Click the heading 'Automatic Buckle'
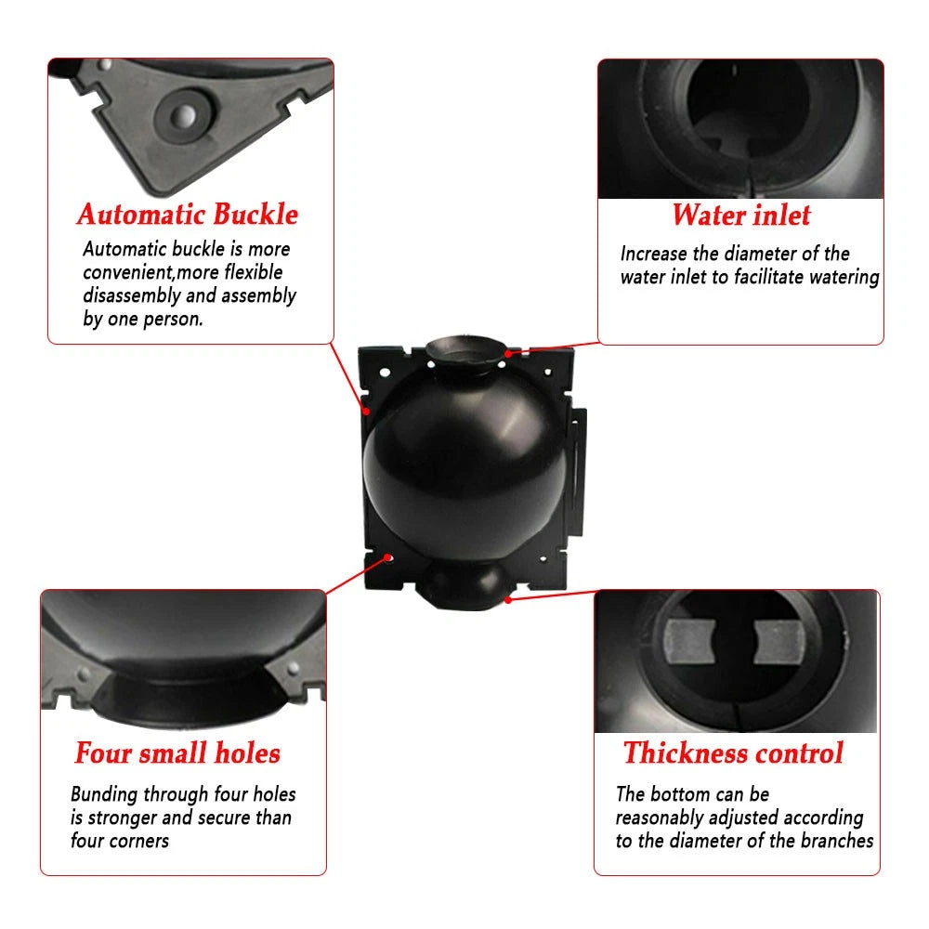point(188,214)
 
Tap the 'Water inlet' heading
point(741,215)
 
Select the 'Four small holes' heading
point(177,753)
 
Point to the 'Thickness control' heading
point(733,753)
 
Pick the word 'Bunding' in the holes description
point(104,794)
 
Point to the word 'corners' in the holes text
point(141,842)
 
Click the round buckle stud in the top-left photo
point(184,116)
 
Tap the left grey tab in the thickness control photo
point(689,642)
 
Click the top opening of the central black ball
point(465,350)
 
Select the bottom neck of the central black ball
point(466,585)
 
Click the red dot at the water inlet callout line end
point(508,354)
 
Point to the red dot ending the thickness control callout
point(508,600)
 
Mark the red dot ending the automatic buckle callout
point(367,411)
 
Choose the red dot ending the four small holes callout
point(388,557)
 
